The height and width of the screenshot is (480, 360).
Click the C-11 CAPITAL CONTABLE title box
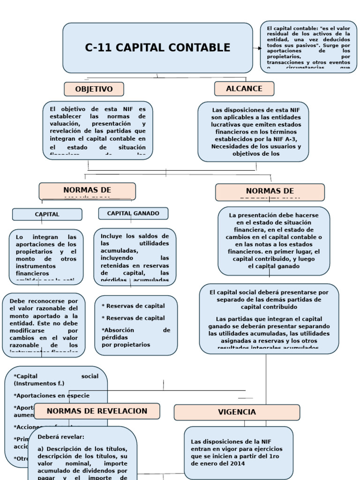click(157, 48)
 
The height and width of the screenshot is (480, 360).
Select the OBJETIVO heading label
click(94, 89)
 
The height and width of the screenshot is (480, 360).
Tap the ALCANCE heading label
click(244, 89)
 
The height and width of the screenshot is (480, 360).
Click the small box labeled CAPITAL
click(47, 214)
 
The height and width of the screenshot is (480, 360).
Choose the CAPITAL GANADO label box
click(133, 213)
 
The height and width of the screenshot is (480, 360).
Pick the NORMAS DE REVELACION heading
click(97, 411)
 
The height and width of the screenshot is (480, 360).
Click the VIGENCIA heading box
click(237, 412)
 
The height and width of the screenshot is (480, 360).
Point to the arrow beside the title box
click(257, 48)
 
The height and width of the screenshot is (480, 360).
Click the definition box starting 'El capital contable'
click(308, 47)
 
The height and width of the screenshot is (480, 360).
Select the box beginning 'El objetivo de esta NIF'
click(97, 130)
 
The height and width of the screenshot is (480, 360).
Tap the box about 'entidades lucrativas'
click(253, 131)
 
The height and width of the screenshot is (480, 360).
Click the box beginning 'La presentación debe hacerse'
click(274, 240)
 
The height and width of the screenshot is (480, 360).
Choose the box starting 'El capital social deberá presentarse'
click(269, 318)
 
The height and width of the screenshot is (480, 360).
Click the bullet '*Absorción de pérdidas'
click(136, 337)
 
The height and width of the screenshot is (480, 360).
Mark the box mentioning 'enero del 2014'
click(238, 452)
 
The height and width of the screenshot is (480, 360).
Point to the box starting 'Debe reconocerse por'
click(44, 325)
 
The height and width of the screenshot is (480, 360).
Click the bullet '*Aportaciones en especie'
click(52, 395)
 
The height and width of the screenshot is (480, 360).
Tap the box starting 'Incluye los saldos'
click(135, 257)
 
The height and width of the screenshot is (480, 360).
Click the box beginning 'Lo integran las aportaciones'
click(46, 257)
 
